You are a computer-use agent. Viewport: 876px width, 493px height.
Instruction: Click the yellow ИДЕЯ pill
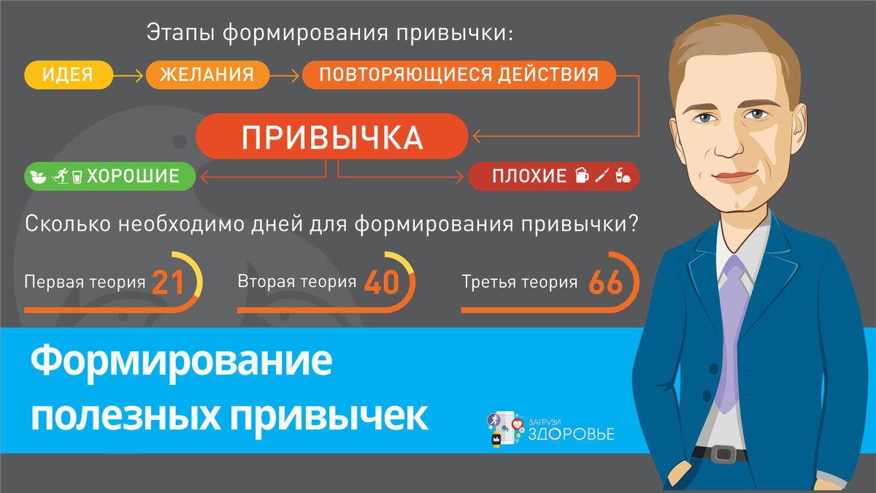click(68, 74)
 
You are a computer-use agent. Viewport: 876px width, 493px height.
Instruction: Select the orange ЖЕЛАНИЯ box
click(207, 74)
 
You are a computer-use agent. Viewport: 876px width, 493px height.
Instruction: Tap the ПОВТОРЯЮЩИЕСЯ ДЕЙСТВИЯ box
click(458, 74)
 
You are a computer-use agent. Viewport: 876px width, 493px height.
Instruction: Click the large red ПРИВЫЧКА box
click(331, 137)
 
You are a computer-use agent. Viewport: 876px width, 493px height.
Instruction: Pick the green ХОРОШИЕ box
click(110, 176)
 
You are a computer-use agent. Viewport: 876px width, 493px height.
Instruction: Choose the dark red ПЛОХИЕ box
click(553, 176)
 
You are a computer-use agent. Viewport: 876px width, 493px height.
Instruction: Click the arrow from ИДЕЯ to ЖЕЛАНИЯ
click(128, 74)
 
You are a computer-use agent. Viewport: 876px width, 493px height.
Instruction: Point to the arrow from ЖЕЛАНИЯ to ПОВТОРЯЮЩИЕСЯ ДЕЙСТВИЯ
click(285, 74)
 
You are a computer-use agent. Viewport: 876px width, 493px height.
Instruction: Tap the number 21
click(168, 283)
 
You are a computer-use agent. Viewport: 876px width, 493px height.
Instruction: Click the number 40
click(382, 283)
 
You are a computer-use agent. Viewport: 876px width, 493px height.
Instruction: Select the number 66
click(605, 283)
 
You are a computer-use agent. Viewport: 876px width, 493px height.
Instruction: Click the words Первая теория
click(84, 282)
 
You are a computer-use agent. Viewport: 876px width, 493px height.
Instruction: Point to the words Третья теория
click(519, 282)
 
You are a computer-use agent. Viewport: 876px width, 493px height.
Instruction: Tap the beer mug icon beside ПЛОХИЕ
click(582, 176)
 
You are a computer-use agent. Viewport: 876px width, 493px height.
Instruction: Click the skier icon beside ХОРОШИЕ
click(61, 176)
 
